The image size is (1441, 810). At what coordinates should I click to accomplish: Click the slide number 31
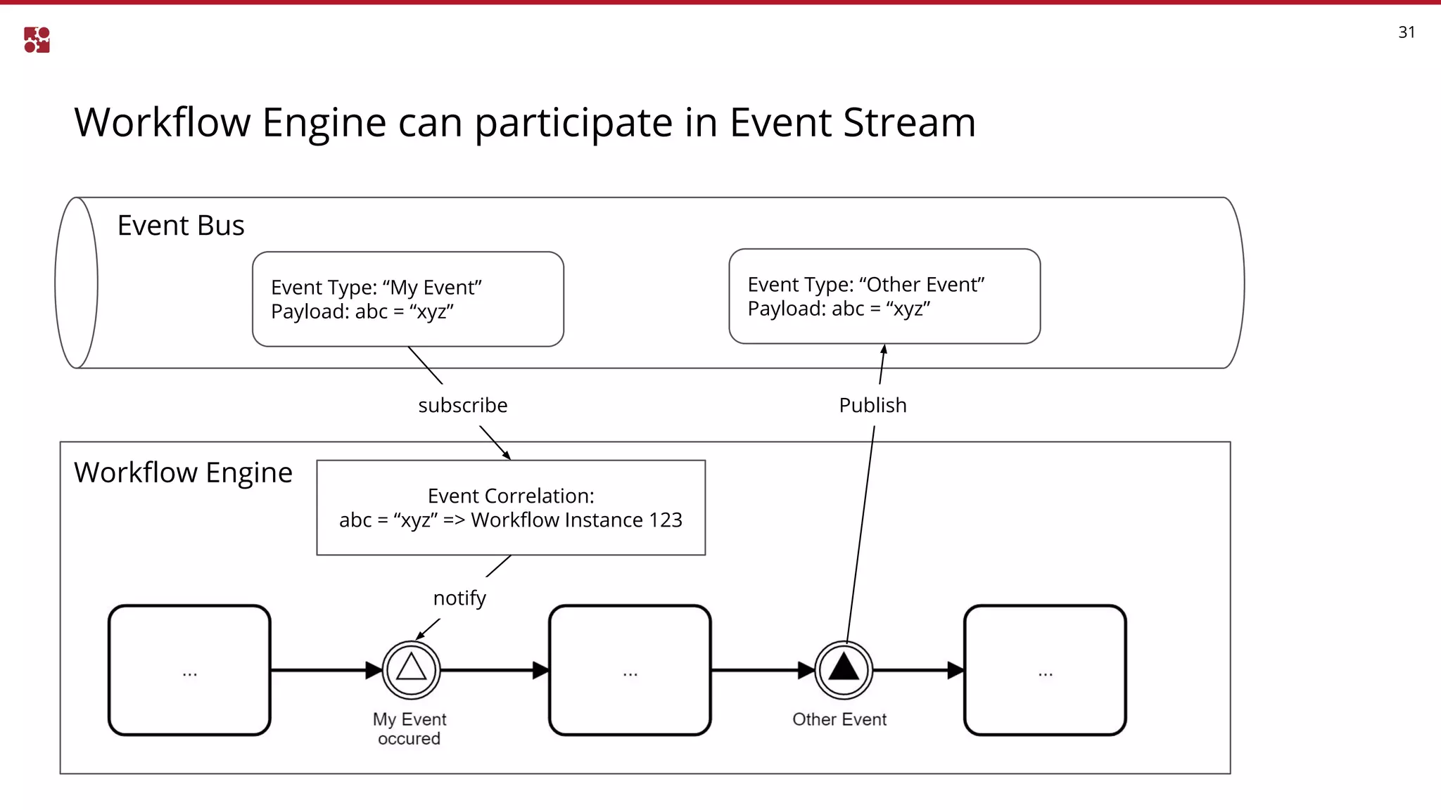click(1406, 32)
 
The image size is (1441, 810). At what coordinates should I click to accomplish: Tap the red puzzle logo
click(37, 40)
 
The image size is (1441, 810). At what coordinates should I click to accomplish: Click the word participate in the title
click(573, 123)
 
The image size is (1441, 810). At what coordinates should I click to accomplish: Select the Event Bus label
click(181, 226)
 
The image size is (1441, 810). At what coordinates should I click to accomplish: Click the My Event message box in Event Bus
click(408, 299)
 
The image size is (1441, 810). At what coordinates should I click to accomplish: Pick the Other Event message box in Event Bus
click(884, 296)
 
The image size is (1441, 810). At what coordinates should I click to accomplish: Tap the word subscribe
click(462, 406)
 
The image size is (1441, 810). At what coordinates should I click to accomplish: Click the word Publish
click(872, 406)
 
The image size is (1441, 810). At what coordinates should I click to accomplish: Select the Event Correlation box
click(511, 508)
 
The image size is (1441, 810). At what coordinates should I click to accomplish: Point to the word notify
click(459, 598)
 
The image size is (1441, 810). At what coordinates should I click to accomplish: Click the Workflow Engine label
click(183, 472)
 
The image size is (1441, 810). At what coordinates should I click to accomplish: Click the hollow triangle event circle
click(412, 669)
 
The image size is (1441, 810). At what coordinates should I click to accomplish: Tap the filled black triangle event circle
click(844, 669)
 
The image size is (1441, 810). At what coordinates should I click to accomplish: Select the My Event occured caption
click(410, 729)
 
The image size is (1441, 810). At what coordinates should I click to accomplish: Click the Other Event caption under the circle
click(839, 719)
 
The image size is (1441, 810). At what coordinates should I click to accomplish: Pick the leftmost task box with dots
click(189, 670)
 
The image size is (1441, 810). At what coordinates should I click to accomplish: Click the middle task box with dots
click(630, 670)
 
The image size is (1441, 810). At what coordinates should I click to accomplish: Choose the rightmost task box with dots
click(1045, 670)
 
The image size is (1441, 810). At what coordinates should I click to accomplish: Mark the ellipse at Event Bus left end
click(76, 283)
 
